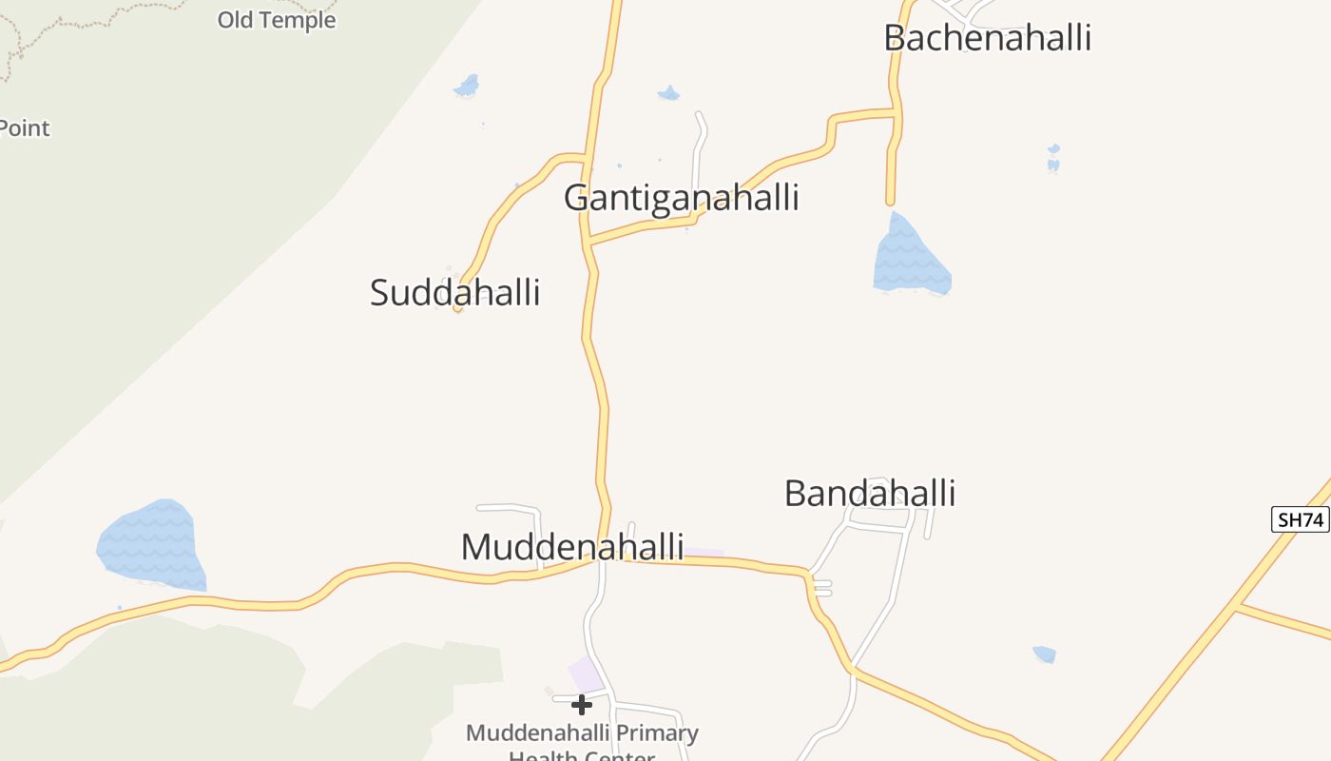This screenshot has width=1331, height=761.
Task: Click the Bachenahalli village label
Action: pos(987,38)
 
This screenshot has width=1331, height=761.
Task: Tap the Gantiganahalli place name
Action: pos(681,198)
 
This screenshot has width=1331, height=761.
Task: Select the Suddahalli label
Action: pos(454,292)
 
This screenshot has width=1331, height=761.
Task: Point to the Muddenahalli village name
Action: pos(571,547)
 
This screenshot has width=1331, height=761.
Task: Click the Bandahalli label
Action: pos(869,494)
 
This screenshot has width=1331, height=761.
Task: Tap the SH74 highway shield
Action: pos(1300,519)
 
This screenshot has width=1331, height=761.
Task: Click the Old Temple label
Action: pos(277,20)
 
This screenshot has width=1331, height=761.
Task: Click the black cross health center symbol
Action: pos(582,705)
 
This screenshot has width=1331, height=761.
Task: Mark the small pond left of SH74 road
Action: pos(1044,654)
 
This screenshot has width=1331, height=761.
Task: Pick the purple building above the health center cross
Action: pos(586,674)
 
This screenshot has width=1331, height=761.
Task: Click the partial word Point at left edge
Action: pos(24,128)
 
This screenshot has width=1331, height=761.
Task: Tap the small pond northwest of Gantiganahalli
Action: pos(467,87)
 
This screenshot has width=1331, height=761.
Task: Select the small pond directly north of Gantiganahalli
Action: pos(668,93)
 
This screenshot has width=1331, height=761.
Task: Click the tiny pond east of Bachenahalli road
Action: pos(1053,159)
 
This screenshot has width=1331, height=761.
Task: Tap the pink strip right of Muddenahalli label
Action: pos(704,553)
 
